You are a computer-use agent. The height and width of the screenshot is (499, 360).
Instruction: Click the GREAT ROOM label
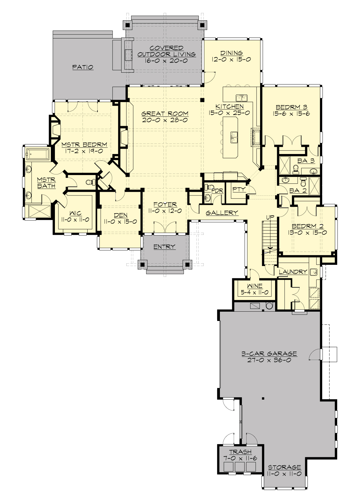pyautogui.click(x=165, y=113)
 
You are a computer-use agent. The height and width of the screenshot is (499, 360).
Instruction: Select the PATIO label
pyautogui.click(x=83, y=67)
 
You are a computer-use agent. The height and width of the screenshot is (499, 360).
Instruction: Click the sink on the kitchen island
pyautogui.click(x=234, y=137)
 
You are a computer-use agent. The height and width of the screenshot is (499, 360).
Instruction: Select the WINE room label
pyautogui.click(x=255, y=286)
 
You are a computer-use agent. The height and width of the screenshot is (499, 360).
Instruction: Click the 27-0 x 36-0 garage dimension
pyautogui.click(x=269, y=360)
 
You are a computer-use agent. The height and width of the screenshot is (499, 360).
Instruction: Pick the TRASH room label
pyautogui.click(x=240, y=452)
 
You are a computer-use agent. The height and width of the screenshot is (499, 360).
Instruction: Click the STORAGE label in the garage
pyautogui.click(x=284, y=467)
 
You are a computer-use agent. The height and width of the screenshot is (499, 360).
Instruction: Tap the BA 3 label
pyautogui.click(x=306, y=161)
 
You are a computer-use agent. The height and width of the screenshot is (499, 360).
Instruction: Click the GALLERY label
pyautogui.click(x=222, y=213)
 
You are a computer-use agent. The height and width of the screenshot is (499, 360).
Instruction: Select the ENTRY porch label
pyautogui.click(x=164, y=247)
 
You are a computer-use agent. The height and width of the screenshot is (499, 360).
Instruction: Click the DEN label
pyautogui.click(x=121, y=215)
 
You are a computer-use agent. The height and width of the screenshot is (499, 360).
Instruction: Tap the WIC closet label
pyautogui.click(x=75, y=213)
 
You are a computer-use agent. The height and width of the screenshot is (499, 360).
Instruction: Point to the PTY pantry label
pyautogui.click(x=239, y=189)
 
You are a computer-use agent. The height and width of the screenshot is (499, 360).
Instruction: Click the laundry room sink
pyautogui.click(x=313, y=272)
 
